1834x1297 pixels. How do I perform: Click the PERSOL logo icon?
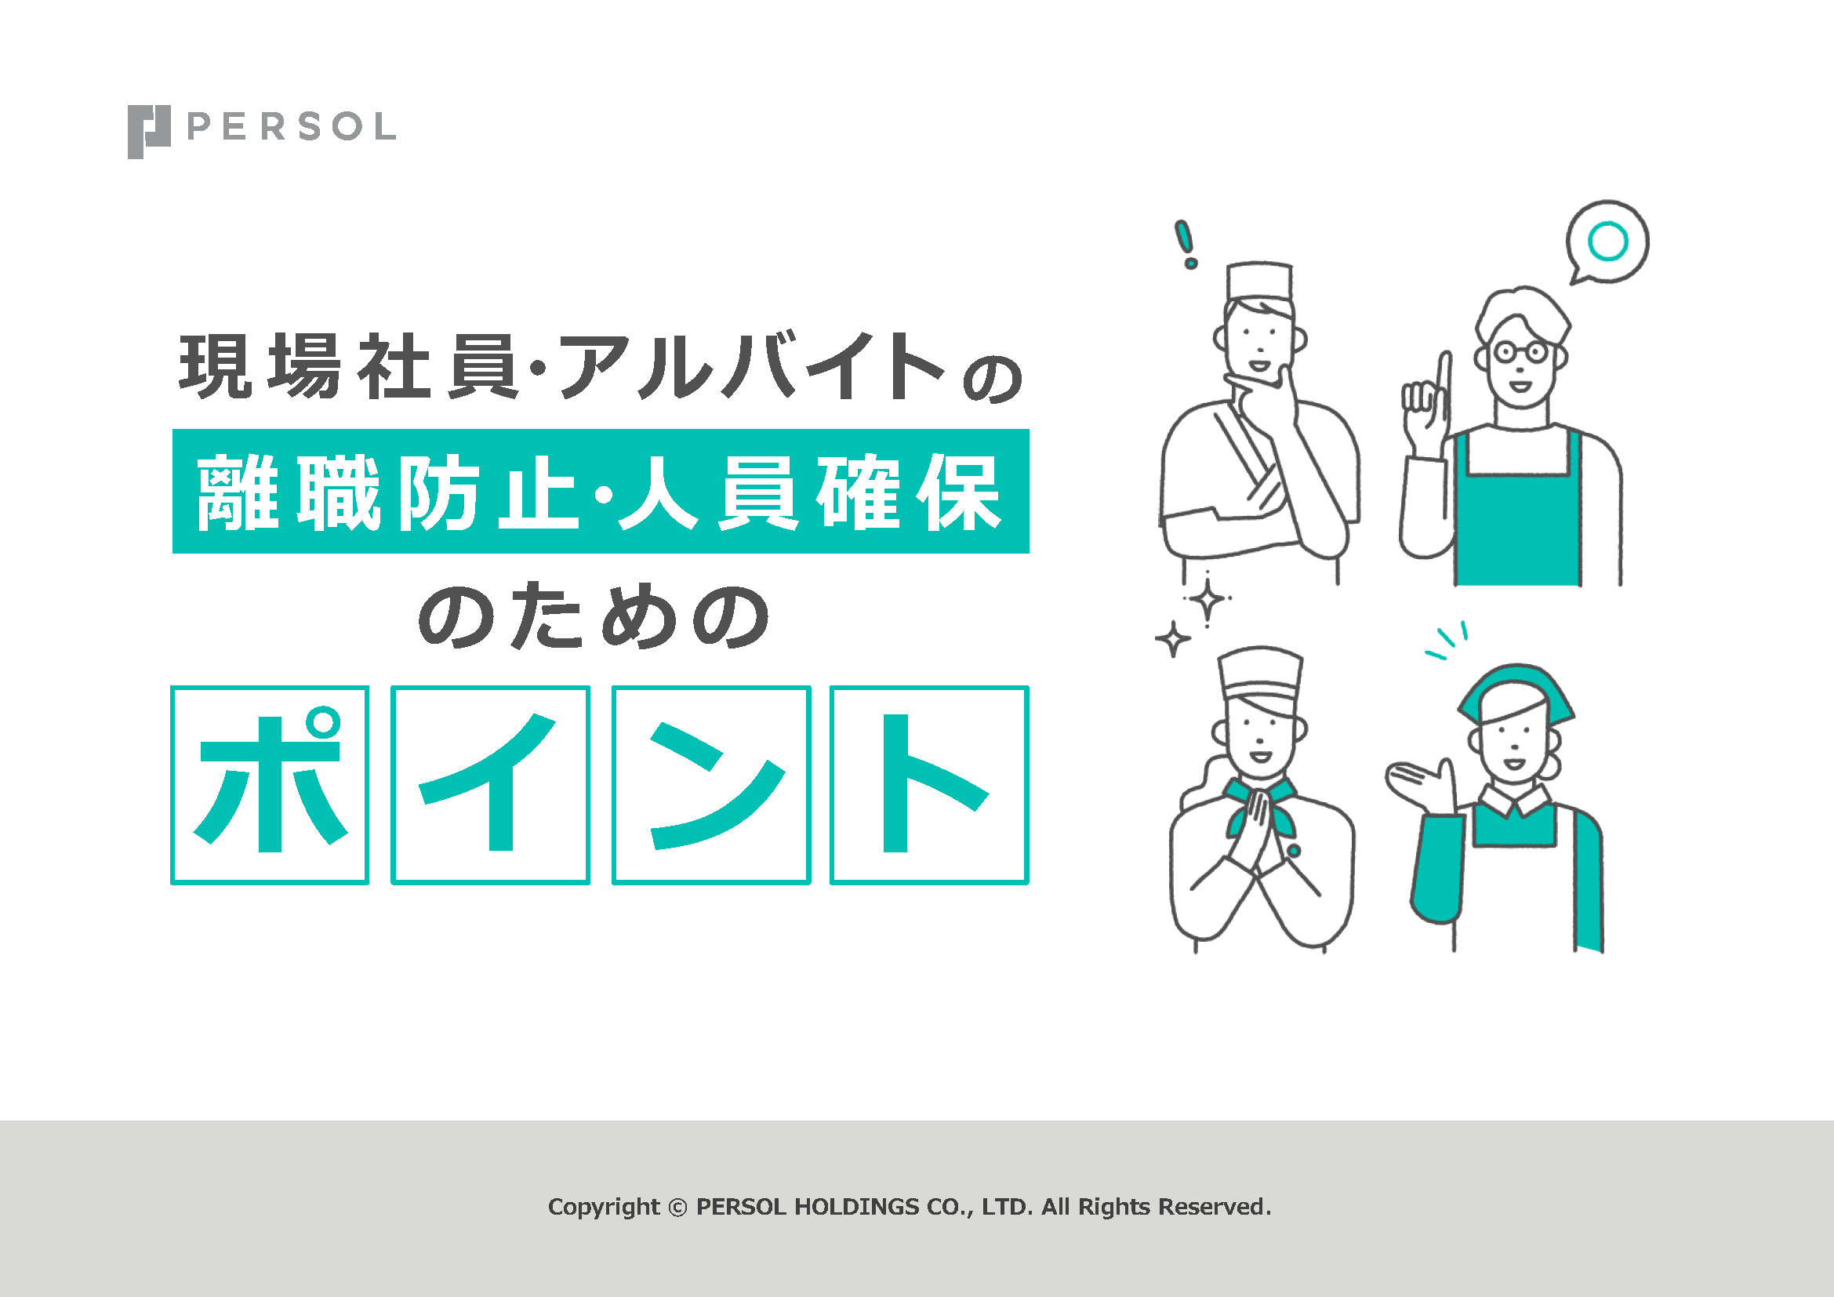tap(148, 132)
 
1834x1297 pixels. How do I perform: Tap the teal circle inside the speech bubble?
tap(1608, 242)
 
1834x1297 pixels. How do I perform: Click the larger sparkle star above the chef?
tap(1208, 600)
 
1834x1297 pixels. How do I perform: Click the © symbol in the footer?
tap(677, 1208)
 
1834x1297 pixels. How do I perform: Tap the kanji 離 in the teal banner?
tap(238, 492)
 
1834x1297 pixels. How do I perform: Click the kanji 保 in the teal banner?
tap(958, 492)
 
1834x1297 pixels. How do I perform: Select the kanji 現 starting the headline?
tap(216, 365)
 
